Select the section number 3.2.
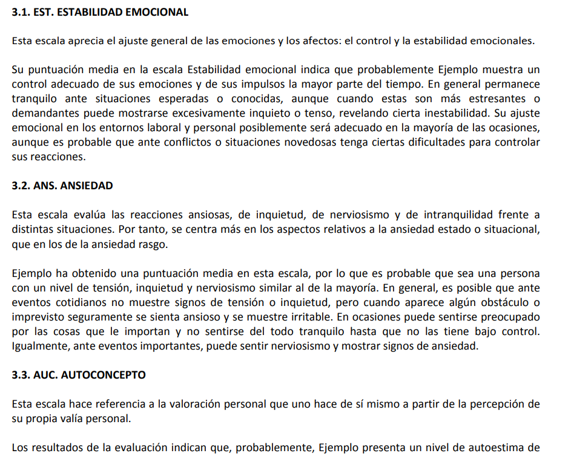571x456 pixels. coord(20,186)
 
